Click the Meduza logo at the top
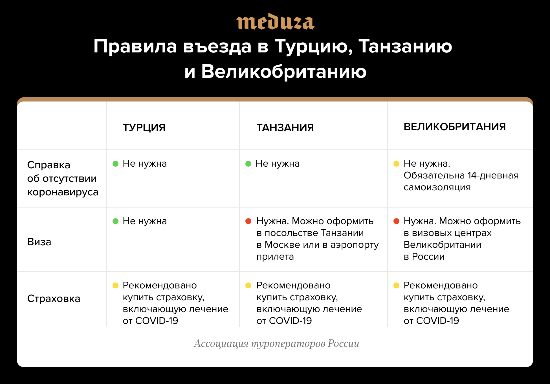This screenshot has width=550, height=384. coord(275,21)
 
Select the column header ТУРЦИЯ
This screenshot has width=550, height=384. coord(144,128)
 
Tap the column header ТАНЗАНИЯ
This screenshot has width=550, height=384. coord(285,128)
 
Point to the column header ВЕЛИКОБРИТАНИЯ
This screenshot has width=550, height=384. coord(455,127)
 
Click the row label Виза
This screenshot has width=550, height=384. coord(39,242)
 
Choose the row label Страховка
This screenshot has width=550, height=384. coord(54,299)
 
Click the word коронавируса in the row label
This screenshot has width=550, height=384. coord(63,192)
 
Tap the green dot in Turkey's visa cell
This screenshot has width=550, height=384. coord(115,221)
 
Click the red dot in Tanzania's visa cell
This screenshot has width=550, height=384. coord(248,221)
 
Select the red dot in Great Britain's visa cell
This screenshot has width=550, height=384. coord(396,221)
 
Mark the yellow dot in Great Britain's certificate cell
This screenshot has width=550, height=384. coord(396,164)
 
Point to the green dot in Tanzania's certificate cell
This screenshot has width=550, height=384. coord(248,164)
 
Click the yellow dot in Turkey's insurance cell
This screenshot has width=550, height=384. coord(115,286)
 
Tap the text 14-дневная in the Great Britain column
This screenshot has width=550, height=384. coord(493,176)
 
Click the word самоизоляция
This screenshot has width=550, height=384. coord(437,187)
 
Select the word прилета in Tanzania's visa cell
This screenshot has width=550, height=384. coord(275,257)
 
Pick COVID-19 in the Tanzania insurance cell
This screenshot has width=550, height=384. coord(291,321)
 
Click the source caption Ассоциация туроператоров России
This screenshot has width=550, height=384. coord(276,344)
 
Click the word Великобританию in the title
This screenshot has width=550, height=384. coord(284,71)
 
